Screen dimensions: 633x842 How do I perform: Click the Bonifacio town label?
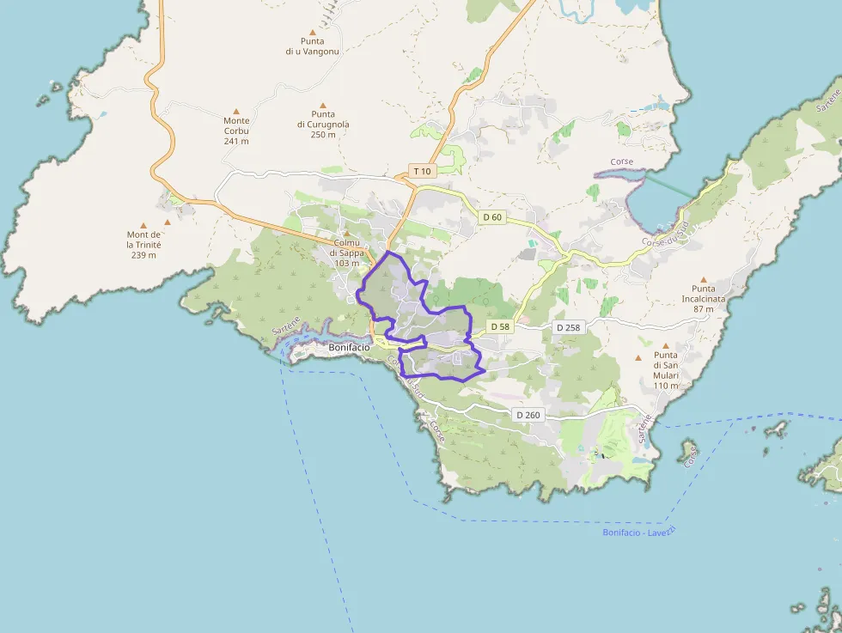[x=349, y=347]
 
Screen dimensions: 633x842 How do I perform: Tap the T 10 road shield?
[x=421, y=171]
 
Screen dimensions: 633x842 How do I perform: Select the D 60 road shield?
[x=492, y=217]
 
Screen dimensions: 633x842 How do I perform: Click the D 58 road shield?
[x=500, y=327]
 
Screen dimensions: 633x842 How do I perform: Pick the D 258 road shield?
[x=568, y=327]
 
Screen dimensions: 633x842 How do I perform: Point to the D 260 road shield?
[x=528, y=415]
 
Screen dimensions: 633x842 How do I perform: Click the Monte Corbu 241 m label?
[x=236, y=131]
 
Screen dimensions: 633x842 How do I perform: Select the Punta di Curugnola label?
[x=323, y=124]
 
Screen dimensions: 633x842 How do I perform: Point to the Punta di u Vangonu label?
[x=313, y=46]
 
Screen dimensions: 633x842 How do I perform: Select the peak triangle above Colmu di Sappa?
[x=347, y=234]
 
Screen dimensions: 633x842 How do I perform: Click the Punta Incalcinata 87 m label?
[x=704, y=299]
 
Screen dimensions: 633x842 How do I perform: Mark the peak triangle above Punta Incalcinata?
[x=704, y=279]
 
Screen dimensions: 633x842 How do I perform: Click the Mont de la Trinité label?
[x=143, y=244]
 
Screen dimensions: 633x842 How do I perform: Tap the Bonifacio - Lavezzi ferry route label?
[x=639, y=532]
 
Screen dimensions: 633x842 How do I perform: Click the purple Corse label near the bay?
[x=622, y=162]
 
